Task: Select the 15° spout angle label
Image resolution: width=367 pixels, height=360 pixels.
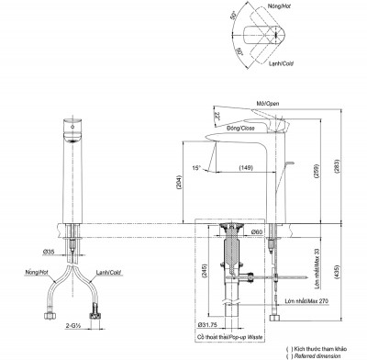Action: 197,167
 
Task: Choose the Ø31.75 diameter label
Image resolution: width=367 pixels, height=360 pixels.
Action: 208,325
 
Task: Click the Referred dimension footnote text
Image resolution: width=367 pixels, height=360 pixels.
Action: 323,354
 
